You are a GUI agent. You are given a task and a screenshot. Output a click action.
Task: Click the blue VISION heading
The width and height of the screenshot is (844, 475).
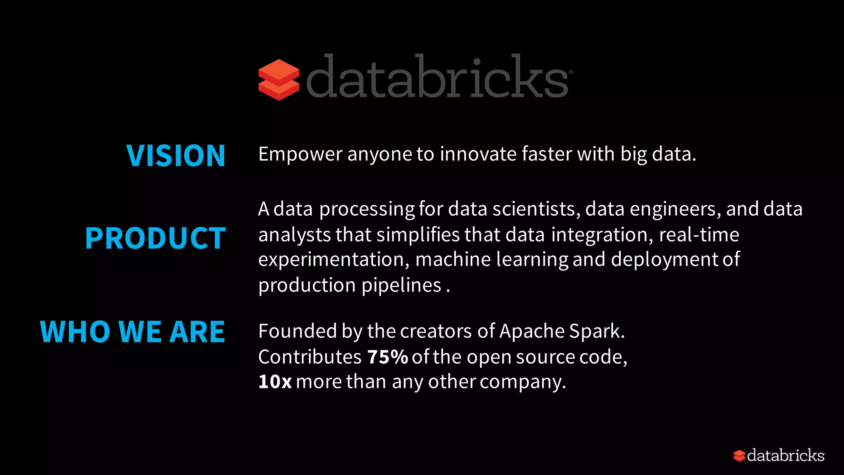click(176, 156)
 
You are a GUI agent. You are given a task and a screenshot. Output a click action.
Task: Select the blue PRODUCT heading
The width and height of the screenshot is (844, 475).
click(155, 238)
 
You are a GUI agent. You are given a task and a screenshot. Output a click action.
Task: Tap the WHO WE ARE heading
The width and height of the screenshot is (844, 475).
click(132, 332)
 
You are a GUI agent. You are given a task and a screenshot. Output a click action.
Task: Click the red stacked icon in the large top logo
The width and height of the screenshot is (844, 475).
click(279, 80)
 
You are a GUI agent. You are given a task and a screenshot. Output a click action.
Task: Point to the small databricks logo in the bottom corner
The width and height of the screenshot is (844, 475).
click(779, 456)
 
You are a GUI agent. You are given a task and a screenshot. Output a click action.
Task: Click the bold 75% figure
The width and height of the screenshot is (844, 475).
click(387, 357)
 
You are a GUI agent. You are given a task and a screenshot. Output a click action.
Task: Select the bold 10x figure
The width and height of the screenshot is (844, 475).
click(275, 382)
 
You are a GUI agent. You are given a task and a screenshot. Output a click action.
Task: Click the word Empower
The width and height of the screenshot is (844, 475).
click(300, 155)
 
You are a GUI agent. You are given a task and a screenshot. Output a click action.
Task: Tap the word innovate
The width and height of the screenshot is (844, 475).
click(478, 154)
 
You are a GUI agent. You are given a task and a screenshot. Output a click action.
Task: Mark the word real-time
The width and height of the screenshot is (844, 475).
click(699, 235)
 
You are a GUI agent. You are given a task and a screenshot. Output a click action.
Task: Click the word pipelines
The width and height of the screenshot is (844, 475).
click(401, 286)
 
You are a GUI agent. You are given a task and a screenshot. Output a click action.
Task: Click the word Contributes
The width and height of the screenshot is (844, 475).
click(310, 357)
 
